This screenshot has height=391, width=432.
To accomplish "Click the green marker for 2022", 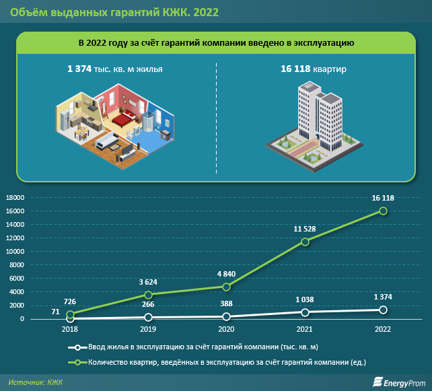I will pyautogui.click(x=383, y=211).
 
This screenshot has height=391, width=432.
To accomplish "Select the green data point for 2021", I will pyautogui.click(x=305, y=242).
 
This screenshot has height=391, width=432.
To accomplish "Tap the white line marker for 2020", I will pyautogui.click(x=227, y=316).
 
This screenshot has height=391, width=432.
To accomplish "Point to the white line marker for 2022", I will pyautogui.click(x=383, y=310).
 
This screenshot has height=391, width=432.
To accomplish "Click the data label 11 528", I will pyautogui.click(x=305, y=229).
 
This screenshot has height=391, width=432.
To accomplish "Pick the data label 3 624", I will pyautogui.click(x=148, y=282).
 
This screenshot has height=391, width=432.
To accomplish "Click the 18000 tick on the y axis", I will pyautogui.click(x=15, y=198).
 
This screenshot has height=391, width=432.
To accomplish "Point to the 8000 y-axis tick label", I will pyautogui.click(x=17, y=265).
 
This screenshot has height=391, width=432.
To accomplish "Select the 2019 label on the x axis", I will pyautogui.click(x=148, y=330).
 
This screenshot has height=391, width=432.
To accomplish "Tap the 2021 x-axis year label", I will pyautogui.click(x=305, y=330).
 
